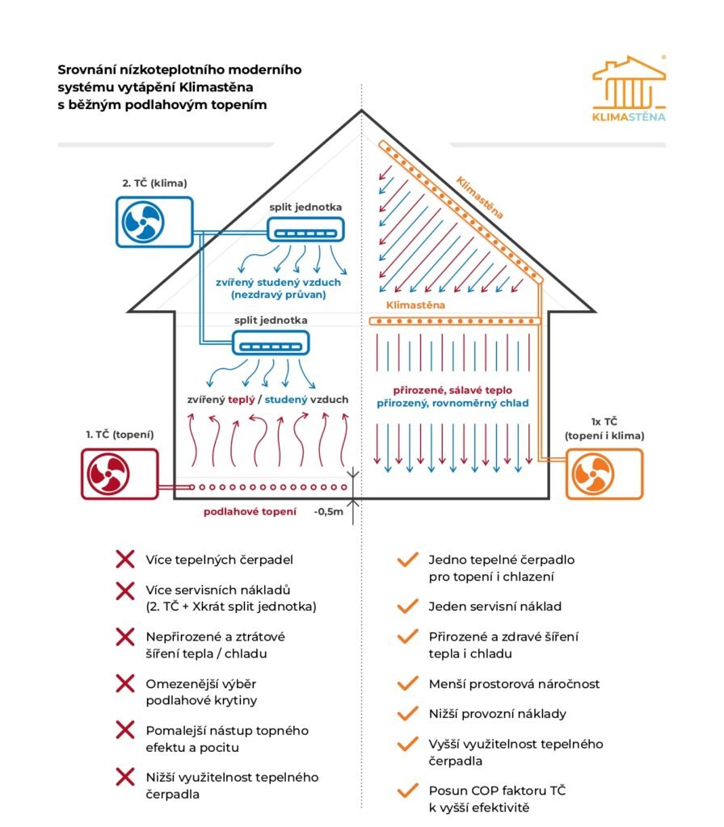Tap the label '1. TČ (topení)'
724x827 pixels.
click(x=120, y=434)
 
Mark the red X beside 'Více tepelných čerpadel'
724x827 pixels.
click(x=124, y=559)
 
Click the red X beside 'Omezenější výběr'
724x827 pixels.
click(x=124, y=684)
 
